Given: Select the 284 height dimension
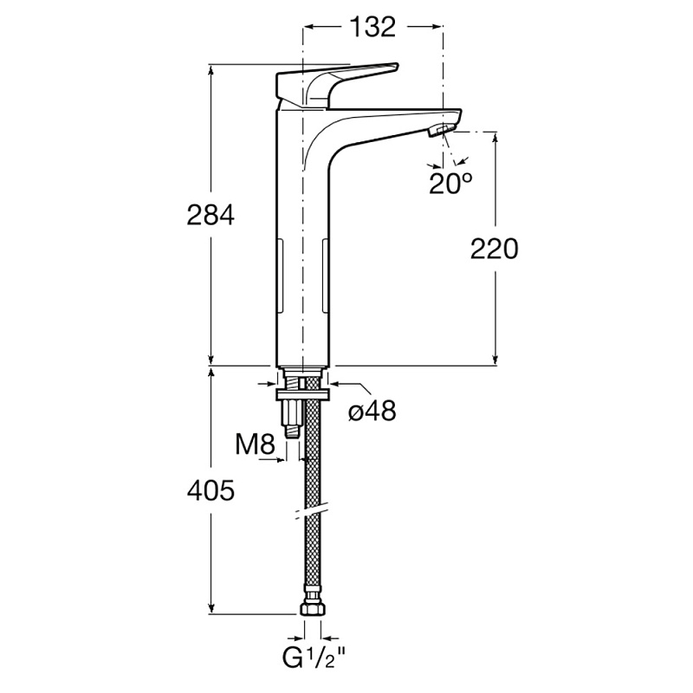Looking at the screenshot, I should pyautogui.click(x=211, y=215).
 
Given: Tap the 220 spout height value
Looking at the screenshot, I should pyautogui.click(x=494, y=249).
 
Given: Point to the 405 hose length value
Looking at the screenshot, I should pyautogui.click(x=211, y=491).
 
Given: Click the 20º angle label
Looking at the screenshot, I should pyautogui.click(x=451, y=183).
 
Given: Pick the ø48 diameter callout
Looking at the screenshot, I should pyautogui.click(x=372, y=411).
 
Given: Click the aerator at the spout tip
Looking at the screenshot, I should pyautogui.click(x=442, y=131).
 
